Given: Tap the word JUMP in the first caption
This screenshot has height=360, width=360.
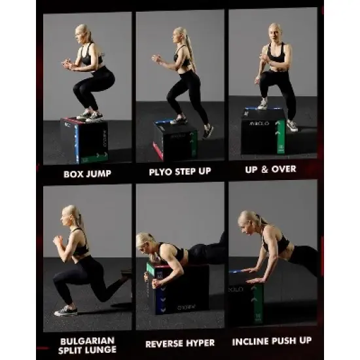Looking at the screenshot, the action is pos(98,174).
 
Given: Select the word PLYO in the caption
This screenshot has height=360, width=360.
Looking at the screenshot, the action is pos(160,171).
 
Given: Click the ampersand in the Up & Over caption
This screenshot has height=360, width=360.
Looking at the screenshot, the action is pos(264,170).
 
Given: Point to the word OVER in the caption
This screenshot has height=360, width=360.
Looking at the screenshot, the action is pos(284,170).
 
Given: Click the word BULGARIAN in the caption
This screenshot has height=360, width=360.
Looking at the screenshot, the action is pos(88,341).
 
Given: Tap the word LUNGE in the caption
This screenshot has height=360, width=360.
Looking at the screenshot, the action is pos(103,350).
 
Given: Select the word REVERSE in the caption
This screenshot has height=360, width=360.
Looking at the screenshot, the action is pos(164,344).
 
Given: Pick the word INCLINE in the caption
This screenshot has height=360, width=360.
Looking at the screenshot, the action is pos(251,342).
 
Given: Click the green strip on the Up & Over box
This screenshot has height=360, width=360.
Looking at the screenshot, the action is pos(281,137).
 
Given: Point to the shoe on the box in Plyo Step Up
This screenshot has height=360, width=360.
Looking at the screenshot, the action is pos(179,120).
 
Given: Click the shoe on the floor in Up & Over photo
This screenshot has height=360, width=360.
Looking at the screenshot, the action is pos(292,126).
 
